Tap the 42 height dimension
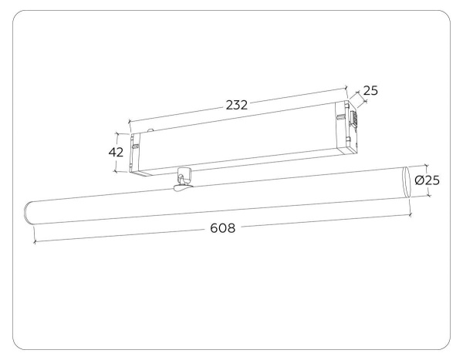tap(117, 152)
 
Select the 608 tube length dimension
tap(223, 228)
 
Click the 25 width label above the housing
tap(370, 91)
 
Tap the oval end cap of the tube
tap(407, 182)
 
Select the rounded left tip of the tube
tap(29, 210)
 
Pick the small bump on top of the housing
tap(153, 130)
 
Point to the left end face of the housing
tap(137, 153)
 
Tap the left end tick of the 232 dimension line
tap(129, 121)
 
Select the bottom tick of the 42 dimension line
tap(117, 171)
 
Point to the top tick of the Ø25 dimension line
tap(425, 164)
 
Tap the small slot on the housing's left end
tap(135, 144)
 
